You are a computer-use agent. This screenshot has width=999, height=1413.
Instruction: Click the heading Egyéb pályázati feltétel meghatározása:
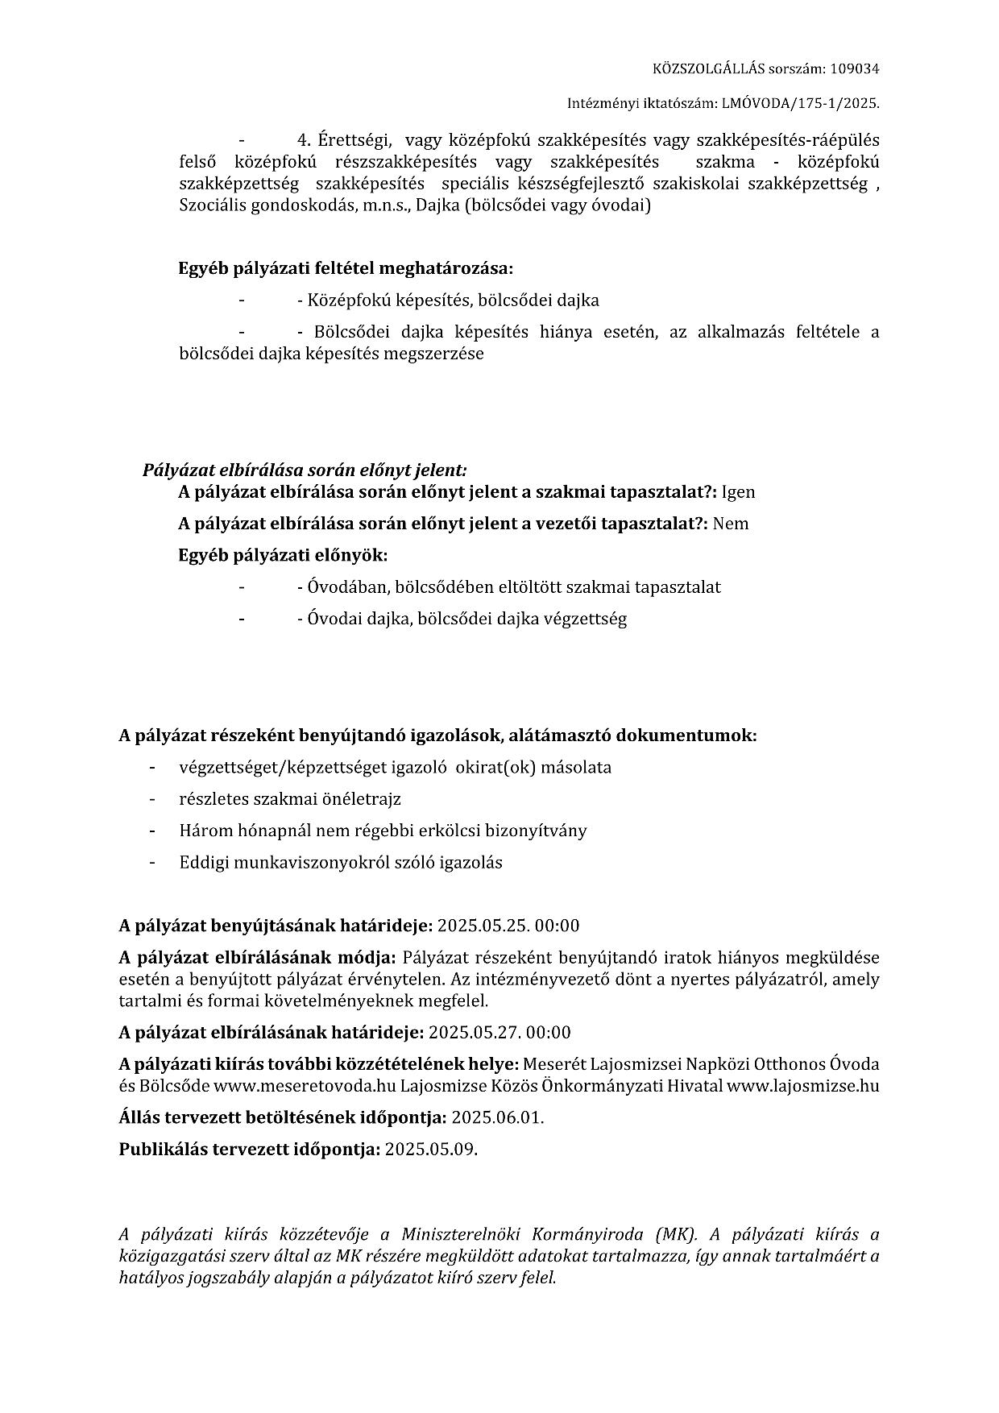tap(345, 268)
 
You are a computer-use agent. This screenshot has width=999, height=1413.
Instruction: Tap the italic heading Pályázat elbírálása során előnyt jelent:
tap(305, 470)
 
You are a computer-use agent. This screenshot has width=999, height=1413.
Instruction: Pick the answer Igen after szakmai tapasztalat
tap(738, 492)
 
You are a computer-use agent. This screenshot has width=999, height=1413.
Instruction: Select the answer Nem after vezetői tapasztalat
tap(731, 524)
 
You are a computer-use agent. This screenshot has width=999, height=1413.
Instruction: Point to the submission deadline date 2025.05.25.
tap(483, 926)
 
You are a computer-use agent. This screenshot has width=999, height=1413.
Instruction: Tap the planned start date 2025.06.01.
tap(498, 1118)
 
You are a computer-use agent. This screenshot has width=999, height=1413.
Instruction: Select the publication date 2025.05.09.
tap(431, 1150)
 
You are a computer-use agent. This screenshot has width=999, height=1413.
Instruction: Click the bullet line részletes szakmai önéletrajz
tap(290, 799)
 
